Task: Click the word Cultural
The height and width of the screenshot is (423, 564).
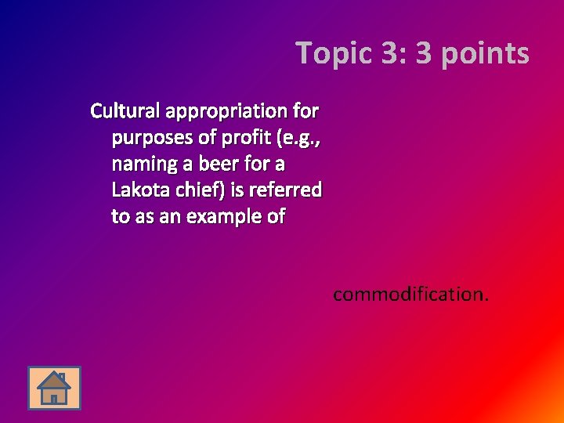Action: coord(125,110)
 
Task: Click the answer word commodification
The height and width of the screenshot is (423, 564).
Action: coord(410,295)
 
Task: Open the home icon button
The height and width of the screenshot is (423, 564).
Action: coord(54,388)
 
